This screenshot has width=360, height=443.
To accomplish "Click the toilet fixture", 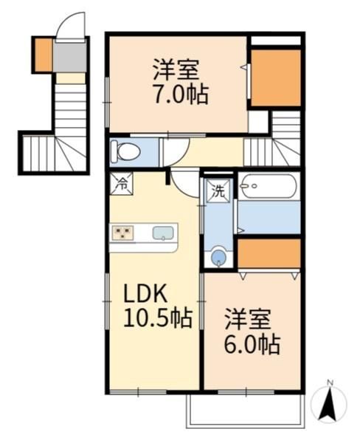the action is tap(125, 151).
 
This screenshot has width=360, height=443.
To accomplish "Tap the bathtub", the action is tap(268, 187).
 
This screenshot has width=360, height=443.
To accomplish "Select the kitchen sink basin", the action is tap(163, 233).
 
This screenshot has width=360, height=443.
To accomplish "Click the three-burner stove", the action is tap(122, 233).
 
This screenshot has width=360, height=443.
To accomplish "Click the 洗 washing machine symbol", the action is tap(218, 191).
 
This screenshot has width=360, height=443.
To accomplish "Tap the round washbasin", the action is tap(218, 255).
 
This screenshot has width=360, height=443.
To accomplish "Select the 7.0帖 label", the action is tap(181, 94).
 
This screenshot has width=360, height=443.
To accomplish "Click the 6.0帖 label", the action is tap(252, 345).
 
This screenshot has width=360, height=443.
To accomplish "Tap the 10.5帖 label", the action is tap(158, 318).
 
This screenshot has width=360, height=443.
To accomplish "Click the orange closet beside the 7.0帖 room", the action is tap(276, 78).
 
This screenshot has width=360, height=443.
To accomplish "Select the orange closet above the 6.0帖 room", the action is tap(269, 253).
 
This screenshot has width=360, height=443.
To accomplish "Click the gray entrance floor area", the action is tap(70, 57).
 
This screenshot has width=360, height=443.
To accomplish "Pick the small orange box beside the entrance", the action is tap(44, 55).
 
